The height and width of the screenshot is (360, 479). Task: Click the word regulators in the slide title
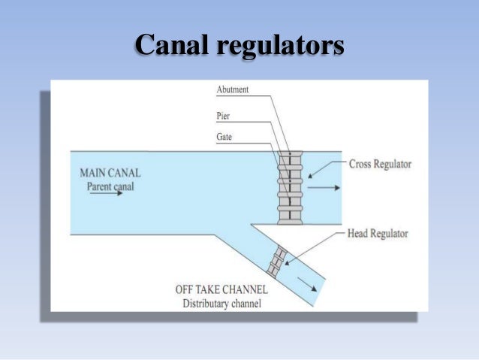(280, 45)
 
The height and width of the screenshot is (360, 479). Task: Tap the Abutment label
(232, 89)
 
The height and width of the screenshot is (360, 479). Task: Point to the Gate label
(224, 138)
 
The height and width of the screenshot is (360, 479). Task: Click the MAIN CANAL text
(110, 173)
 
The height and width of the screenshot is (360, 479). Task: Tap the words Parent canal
(110, 185)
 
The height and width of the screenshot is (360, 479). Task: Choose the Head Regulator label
(378, 233)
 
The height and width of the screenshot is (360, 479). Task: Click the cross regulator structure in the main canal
(290, 188)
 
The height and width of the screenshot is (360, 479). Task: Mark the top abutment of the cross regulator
(290, 156)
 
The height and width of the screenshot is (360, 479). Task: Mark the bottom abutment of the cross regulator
(290, 219)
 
